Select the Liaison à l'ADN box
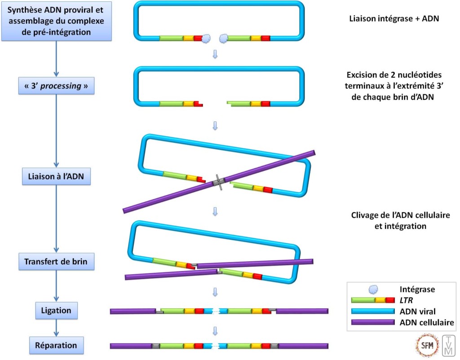pos(56,177)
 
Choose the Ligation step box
pos(56,310)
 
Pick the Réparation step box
pos(56,346)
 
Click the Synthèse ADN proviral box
pos(56,21)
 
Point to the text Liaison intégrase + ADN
pos(394,19)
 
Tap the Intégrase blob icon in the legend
pos(373,290)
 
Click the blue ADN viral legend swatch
pos(373,311)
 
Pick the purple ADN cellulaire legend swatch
pos(373,322)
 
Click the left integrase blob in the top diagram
pos(207,39)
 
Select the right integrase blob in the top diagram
pos(223,39)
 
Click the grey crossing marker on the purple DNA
pos(219,182)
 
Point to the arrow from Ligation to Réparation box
pos(56,328)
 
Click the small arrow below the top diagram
pos(215,54)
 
